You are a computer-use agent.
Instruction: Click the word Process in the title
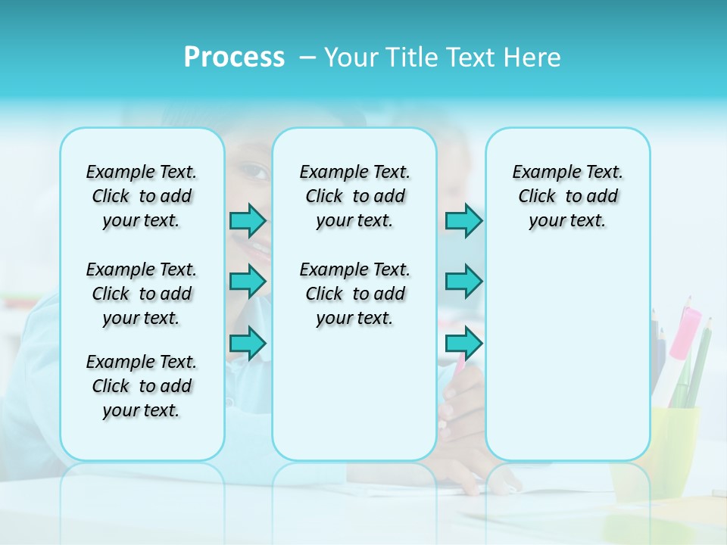pyautogui.click(x=234, y=58)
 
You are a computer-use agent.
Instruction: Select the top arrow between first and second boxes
pyautogui.click(x=248, y=220)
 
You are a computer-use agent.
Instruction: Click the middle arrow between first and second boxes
pyautogui.click(x=248, y=282)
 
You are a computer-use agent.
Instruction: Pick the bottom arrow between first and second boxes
pyautogui.click(x=248, y=343)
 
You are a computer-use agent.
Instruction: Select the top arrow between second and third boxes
pyautogui.click(x=463, y=220)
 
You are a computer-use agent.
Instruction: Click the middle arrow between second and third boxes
pyautogui.click(x=463, y=282)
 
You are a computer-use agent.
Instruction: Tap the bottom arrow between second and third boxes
pyautogui.click(x=463, y=343)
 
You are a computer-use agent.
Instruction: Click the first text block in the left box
pyautogui.click(x=142, y=196)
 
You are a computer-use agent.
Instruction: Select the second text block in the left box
pyautogui.click(x=142, y=294)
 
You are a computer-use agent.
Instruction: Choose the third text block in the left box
pyautogui.click(x=142, y=386)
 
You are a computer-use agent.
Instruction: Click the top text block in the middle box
pyautogui.click(x=354, y=196)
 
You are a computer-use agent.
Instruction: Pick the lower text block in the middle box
pyautogui.click(x=354, y=294)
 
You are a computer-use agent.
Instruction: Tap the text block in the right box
pyautogui.click(x=568, y=196)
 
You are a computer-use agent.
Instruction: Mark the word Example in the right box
pyautogui.click(x=541, y=173)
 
